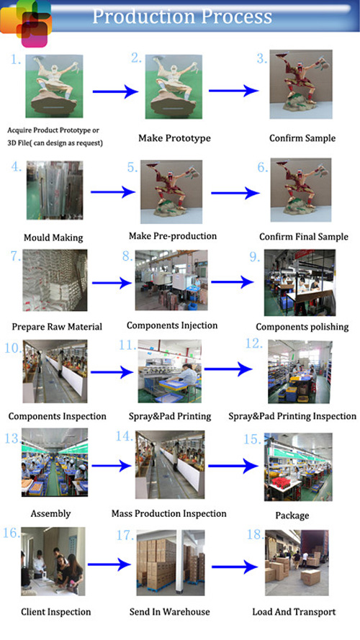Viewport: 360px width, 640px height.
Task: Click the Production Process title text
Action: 182,16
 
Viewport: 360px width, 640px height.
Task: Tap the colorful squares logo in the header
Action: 26,23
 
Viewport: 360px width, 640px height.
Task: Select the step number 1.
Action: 16,60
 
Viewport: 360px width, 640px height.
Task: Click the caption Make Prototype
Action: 174,138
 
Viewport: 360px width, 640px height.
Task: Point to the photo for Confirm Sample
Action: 301,84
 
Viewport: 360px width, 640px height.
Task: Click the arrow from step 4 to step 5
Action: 112,191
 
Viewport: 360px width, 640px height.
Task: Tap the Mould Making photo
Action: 55,190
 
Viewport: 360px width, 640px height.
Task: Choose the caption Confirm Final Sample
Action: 304,237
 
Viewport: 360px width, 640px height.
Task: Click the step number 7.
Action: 16,256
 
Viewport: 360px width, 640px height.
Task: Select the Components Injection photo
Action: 171,281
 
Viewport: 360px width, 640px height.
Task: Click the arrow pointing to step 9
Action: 233,281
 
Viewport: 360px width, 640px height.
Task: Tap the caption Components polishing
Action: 302,327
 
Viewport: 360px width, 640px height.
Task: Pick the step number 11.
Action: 127,346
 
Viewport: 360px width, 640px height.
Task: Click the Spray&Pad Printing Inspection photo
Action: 300,372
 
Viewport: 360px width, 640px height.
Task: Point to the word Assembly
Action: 50,513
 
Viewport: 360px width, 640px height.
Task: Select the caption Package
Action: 292,515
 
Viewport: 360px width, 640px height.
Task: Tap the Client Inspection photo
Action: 53,562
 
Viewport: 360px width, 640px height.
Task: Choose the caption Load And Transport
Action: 294,612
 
